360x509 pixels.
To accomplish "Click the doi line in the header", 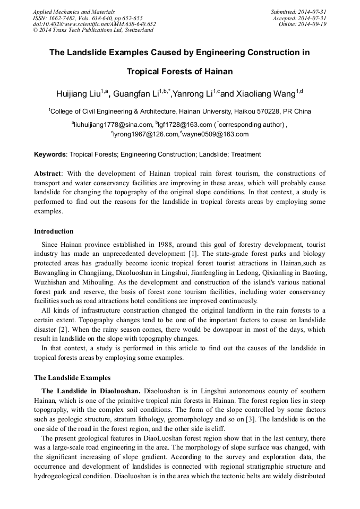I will click(x=94, y=24).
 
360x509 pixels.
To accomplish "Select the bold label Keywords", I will click(x=49, y=154).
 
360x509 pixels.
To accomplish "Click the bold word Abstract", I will click(x=48, y=174).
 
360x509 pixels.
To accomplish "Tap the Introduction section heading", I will click(x=54, y=231).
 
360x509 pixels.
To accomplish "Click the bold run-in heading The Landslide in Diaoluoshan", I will click(x=91, y=391).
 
